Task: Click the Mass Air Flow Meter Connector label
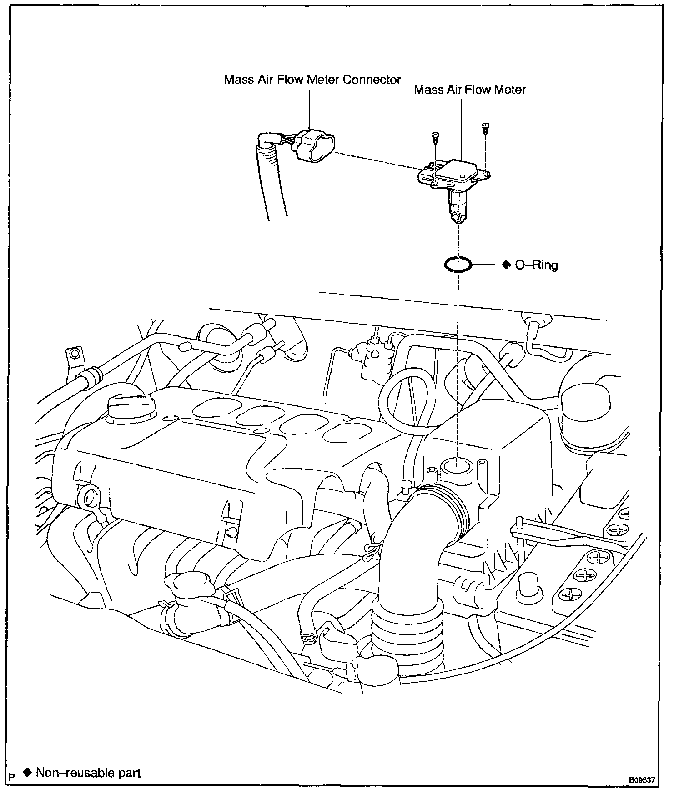(312, 80)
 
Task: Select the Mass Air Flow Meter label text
(470, 90)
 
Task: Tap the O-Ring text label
(536, 265)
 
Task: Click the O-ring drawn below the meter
(458, 264)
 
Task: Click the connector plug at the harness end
(314, 145)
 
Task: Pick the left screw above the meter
(435, 136)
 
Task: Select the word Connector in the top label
(372, 80)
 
